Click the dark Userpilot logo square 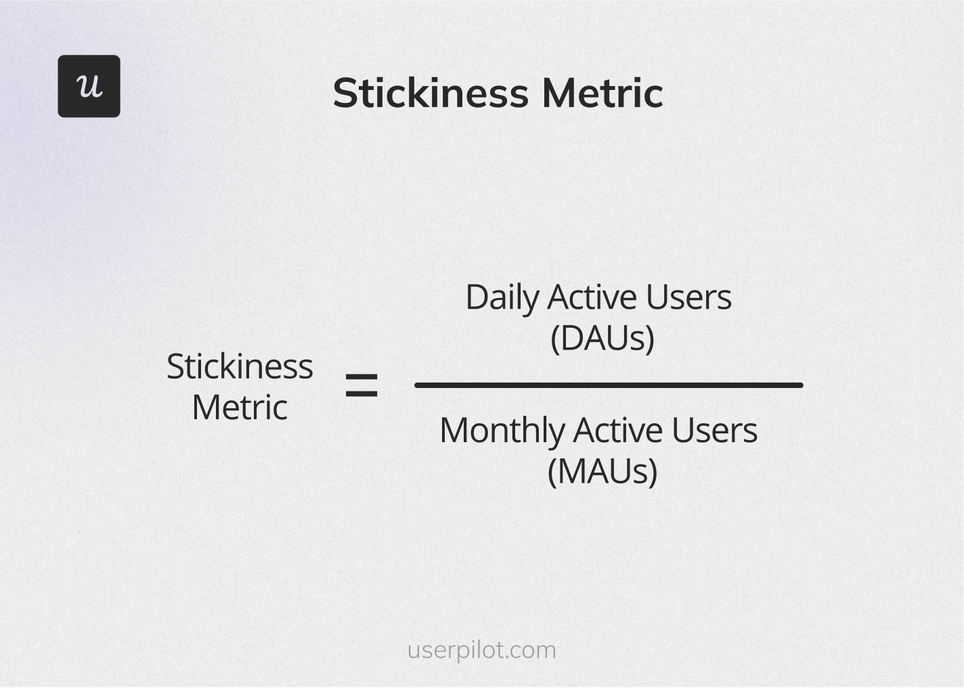coord(89,86)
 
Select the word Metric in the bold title coord(602,93)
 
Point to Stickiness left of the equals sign coord(240,366)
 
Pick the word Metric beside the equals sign coord(240,408)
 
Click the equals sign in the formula coord(361,386)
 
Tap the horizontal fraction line coord(609,385)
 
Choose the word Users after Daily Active coord(688,297)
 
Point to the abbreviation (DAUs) coord(602,338)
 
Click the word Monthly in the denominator coord(502,431)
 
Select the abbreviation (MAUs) coord(602,471)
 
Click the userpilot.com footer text coord(481,650)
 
